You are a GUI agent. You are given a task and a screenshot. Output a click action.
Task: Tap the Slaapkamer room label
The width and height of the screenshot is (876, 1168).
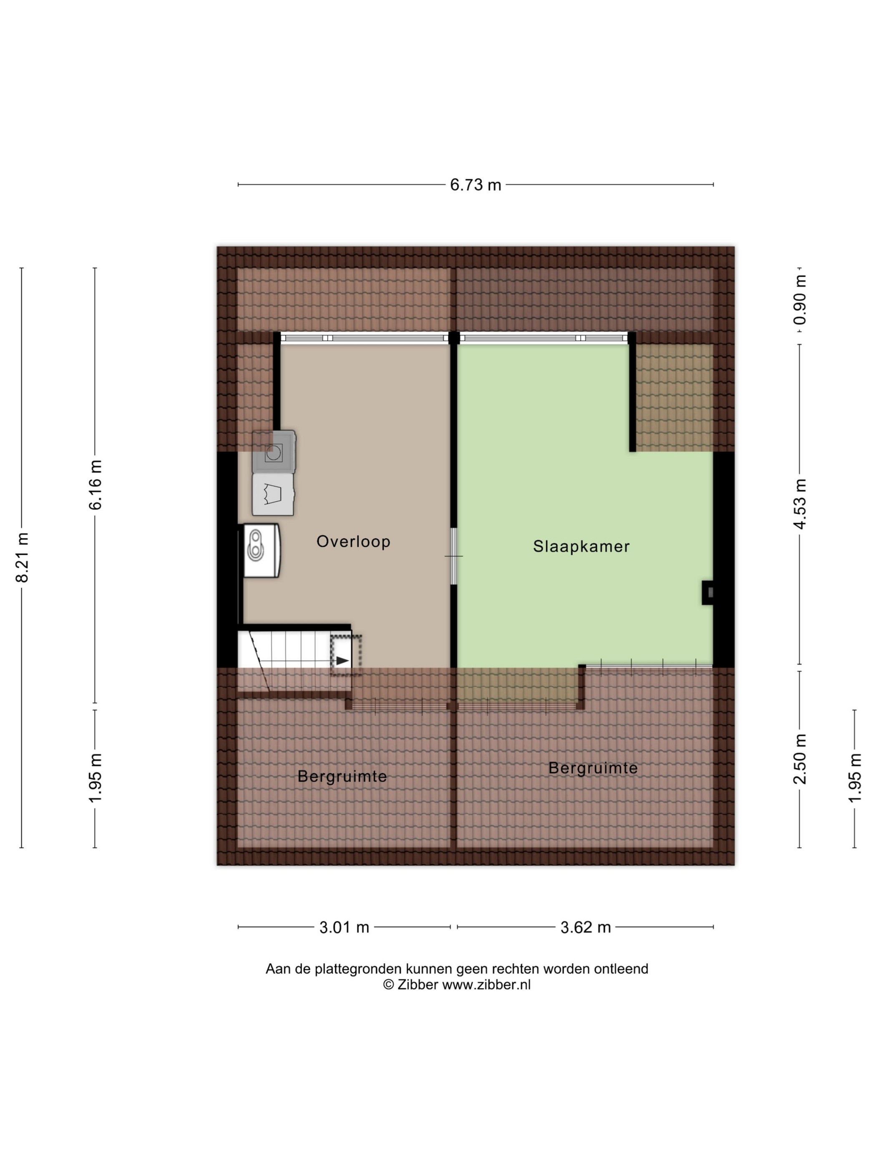tap(581, 546)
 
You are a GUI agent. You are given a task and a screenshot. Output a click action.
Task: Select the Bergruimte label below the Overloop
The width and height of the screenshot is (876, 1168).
tap(342, 776)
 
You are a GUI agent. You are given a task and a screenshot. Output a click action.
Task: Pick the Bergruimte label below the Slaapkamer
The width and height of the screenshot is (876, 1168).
tap(593, 768)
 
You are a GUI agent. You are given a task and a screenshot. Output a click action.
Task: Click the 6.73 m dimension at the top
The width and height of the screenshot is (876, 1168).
tap(475, 185)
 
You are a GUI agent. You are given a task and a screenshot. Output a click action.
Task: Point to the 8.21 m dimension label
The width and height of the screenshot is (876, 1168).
tap(22, 558)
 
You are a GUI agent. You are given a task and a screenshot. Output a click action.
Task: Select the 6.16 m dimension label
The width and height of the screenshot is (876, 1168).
tap(96, 485)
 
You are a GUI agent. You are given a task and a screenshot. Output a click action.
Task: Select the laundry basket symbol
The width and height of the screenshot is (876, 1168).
tap(273, 494)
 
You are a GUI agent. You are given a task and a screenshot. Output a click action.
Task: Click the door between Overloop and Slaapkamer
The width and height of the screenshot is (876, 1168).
tap(453, 556)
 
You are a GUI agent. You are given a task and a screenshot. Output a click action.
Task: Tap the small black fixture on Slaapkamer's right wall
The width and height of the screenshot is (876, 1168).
tap(707, 592)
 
